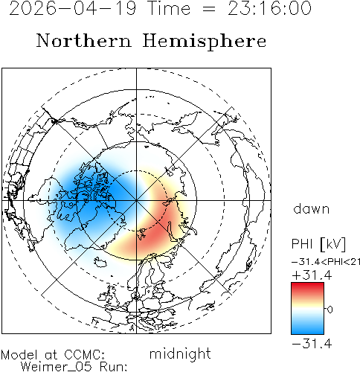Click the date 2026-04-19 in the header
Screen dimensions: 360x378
point(73,8)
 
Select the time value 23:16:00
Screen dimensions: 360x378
point(269,8)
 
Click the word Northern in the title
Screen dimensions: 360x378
point(84,41)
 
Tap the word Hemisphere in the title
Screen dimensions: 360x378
point(205,41)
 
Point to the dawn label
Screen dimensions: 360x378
point(311,209)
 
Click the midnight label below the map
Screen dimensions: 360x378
point(180,353)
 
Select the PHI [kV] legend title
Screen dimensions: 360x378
point(318,244)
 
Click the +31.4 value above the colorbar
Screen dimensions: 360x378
point(312,275)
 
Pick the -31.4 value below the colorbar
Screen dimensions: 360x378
point(312,344)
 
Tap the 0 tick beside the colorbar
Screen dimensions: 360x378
point(330,310)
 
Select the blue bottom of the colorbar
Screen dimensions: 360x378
point(307,330)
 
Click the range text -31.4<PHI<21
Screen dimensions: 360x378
point(326,262)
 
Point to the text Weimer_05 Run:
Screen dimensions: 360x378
point(74,367)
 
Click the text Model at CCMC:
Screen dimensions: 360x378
point(53,355)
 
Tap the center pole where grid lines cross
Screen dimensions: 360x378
point(136,200)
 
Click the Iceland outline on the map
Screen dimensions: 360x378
point(101,262)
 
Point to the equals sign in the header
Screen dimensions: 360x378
point(209,9)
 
